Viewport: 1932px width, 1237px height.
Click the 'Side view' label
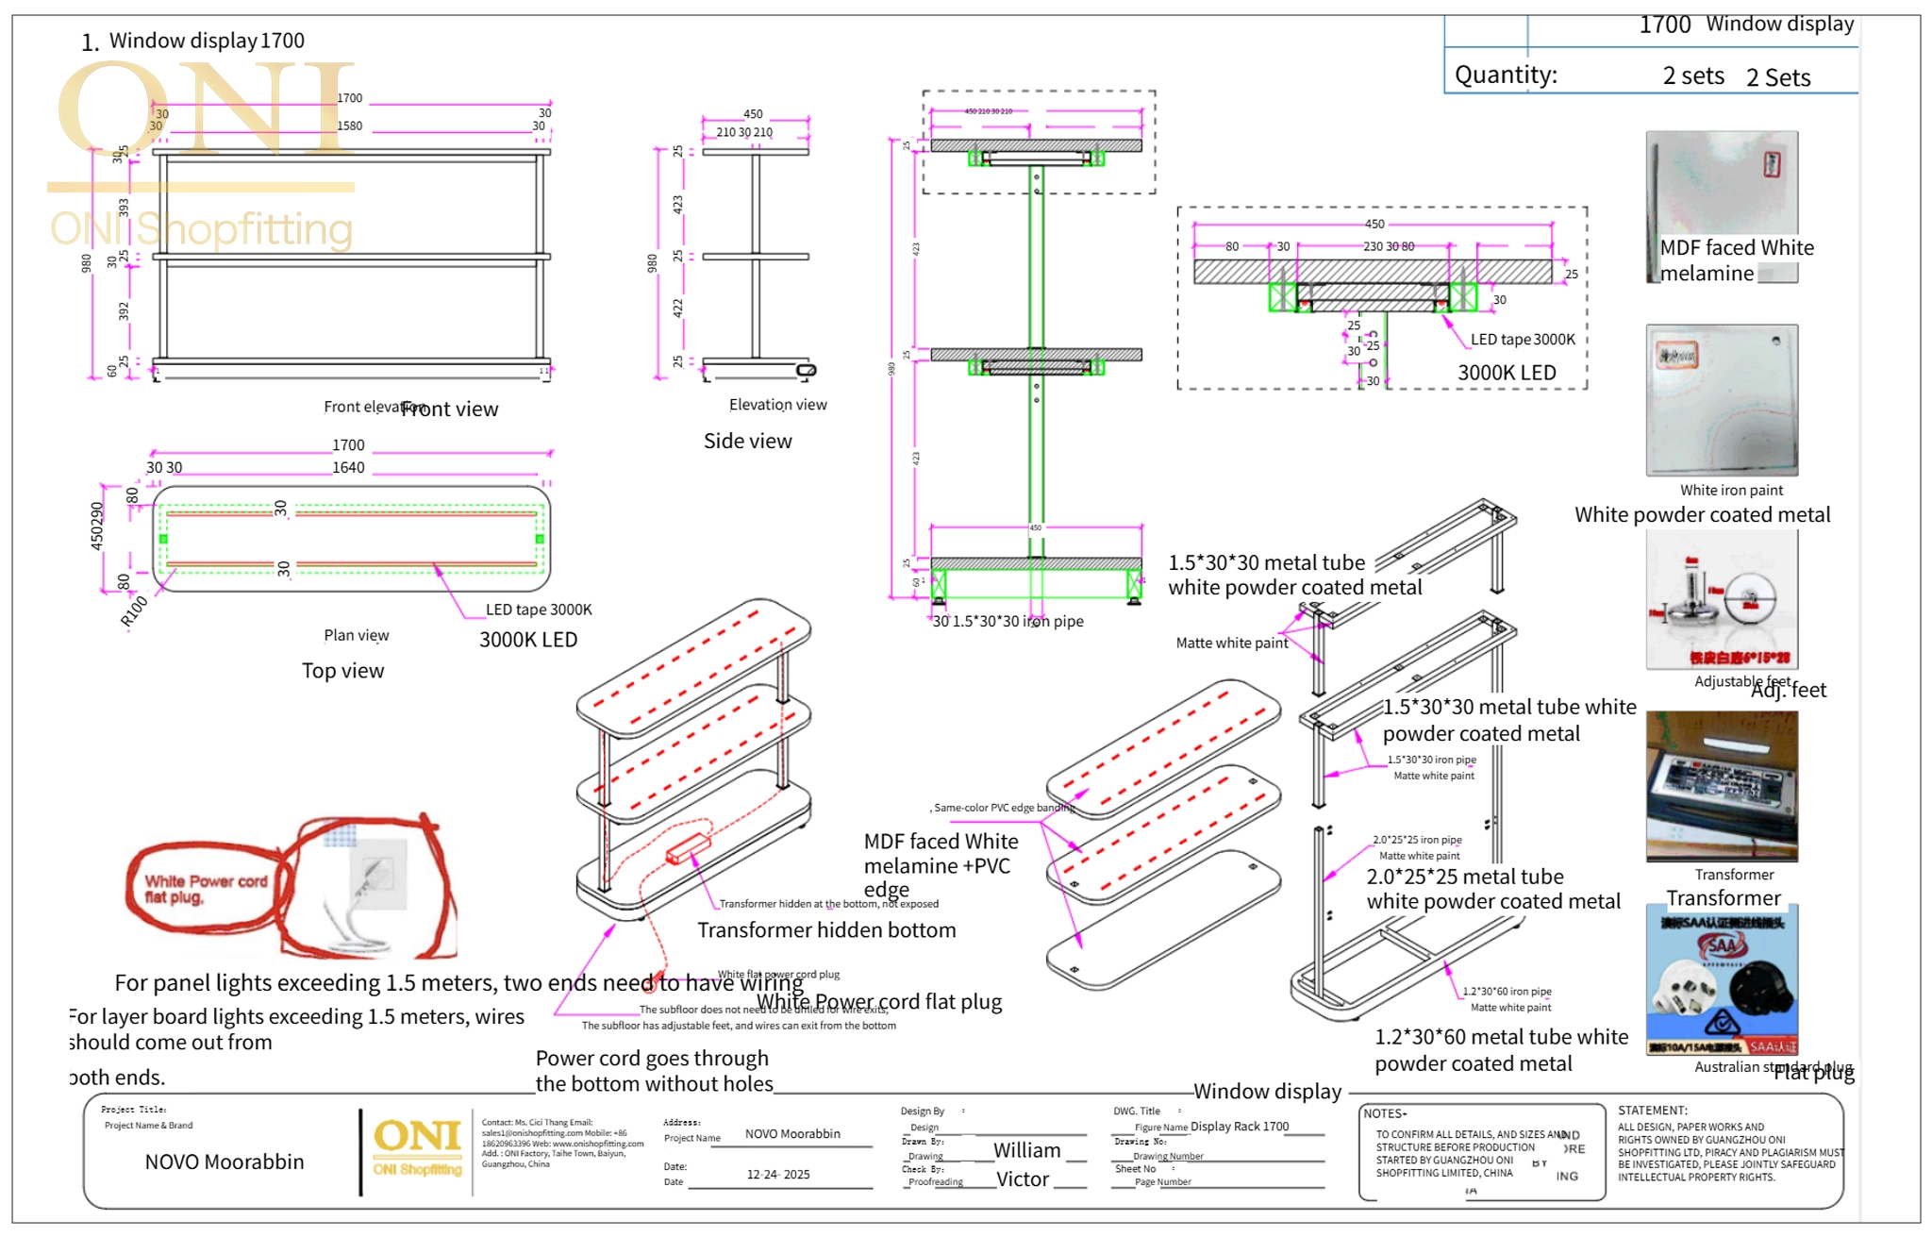click(x=747, y=441)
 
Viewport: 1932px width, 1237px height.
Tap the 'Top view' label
click(x=342, y=671)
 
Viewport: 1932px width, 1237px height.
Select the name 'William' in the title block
click(x=1026, y=1150)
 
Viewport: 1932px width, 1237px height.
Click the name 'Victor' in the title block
click(x=1023, y=1179)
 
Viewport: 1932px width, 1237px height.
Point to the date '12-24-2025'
click(x=778, y=1175)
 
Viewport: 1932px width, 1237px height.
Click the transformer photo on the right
click(x=1722, y=785)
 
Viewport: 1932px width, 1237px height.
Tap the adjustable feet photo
click(x=1722, y=599)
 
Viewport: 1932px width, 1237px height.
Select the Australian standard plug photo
click(x=1722, y=979)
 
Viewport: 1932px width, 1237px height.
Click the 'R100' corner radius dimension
click(x=134, y=611)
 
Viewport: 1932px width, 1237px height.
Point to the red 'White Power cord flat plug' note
click(x=205, y=888)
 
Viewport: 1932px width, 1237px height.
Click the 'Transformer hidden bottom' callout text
click(x=826, y=930)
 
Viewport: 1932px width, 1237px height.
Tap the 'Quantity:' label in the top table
click(x=1506, y=75)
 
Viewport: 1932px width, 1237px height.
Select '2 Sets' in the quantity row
click(x=1778, y=77)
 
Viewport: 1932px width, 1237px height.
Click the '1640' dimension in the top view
click(x=348, y=467)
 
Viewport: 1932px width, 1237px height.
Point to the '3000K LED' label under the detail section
click(x=1507, y=373)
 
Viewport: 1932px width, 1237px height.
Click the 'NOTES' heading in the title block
click(x=1384, y=1113)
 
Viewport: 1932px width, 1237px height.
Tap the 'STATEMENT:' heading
click(x=1653, y=1111)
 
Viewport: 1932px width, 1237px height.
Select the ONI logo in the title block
click(x=417, y=1146)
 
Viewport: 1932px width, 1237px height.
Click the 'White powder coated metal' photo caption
click(x=1702, y=515)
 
